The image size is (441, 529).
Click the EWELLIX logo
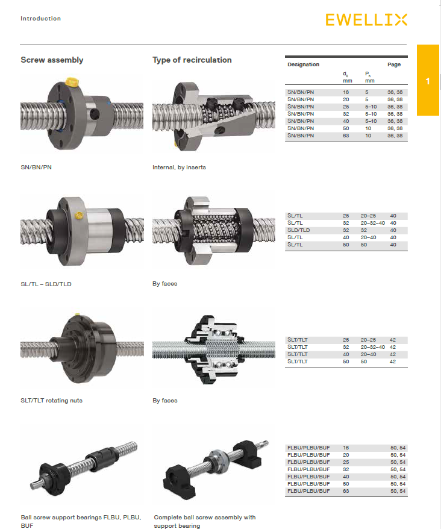click(366, 20)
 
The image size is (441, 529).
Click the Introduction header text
click(40, 19)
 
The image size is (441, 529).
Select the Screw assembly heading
click(52, 60)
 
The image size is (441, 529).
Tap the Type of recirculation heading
click(192, 60)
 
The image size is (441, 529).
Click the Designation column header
click(303, 64)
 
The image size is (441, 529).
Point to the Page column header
click(394, 64)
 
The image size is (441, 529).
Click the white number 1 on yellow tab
click(428, 81)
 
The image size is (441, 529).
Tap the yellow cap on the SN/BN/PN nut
click(72, 82)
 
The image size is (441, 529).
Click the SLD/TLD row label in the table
click(299, 230)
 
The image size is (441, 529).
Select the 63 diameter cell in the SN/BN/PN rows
click(346, 136)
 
